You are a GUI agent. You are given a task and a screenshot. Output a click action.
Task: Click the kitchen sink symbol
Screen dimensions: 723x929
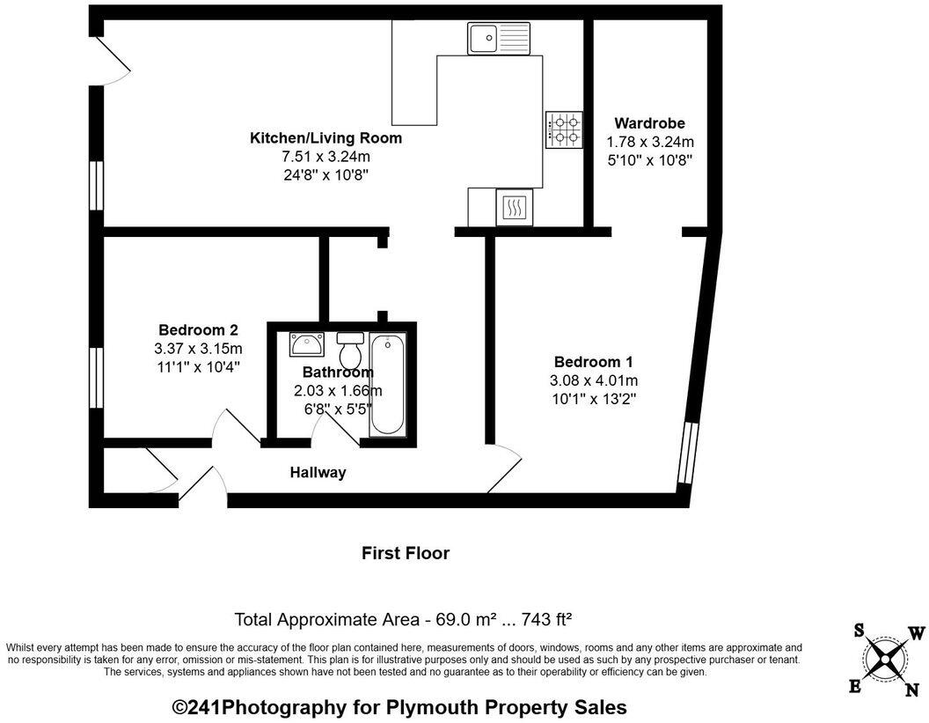click(x=499, y=39)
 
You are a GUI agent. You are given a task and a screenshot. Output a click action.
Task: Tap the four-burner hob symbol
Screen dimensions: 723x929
click(x=564, y=129)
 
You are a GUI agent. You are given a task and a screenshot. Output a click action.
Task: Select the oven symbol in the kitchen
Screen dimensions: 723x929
click(x=514, y=208)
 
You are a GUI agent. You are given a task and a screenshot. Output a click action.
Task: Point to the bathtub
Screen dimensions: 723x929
click(x=388, y=384)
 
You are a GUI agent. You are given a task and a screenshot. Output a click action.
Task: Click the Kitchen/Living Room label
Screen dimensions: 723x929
click(x=326, y=138)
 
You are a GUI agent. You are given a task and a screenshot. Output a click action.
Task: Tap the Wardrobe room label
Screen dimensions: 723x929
click(x=649, y=123)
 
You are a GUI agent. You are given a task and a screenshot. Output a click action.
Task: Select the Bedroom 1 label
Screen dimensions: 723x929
click(x=593, y=362)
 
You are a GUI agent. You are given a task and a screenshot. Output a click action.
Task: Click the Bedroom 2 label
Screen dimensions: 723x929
click(x=198, y=330)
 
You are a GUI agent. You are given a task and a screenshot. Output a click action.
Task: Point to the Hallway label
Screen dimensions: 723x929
click(x=318, y=473)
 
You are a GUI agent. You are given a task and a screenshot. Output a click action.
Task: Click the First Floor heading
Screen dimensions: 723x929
click(x=406, y=554)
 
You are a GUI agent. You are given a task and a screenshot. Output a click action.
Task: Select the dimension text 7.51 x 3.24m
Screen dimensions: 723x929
click(x=326, y=157)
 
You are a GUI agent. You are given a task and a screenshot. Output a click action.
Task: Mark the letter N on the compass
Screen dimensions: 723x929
click(x=911, y=690)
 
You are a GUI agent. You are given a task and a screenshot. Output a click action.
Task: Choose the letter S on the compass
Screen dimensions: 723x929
click(x=859, y=629)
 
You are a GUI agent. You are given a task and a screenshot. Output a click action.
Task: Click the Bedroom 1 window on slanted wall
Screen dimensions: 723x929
click(x=688, y=454)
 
